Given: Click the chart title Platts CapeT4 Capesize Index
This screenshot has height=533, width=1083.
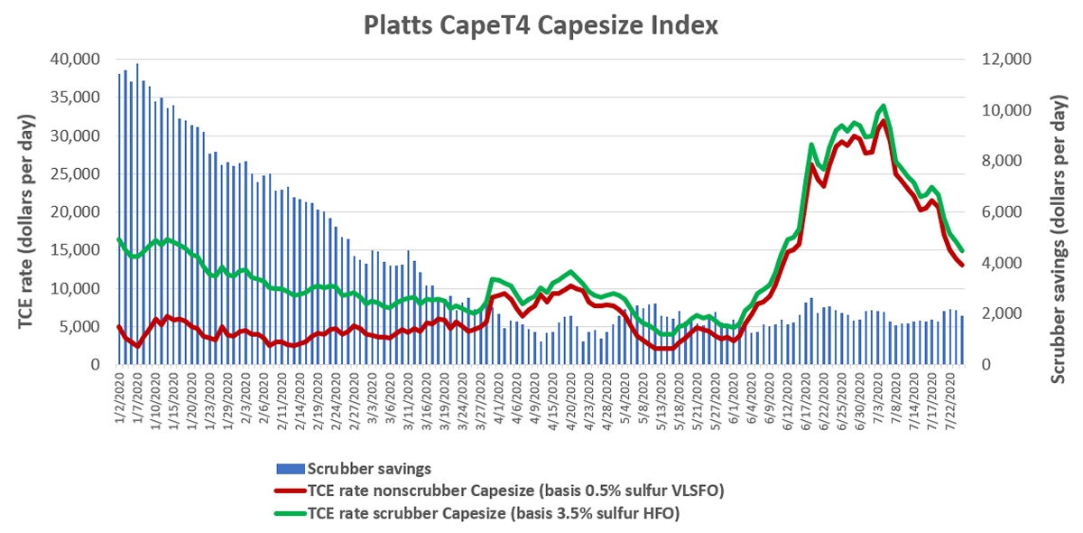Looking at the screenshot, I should (x=541, y=25).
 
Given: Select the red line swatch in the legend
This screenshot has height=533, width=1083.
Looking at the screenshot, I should (x=289, y=491).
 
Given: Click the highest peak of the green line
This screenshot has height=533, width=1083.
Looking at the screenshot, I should (x=884, y=107).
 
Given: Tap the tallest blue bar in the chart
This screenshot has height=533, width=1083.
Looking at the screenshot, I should (x=137, y=64).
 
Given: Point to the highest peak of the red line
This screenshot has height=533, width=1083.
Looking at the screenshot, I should (x=884, y=122).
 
